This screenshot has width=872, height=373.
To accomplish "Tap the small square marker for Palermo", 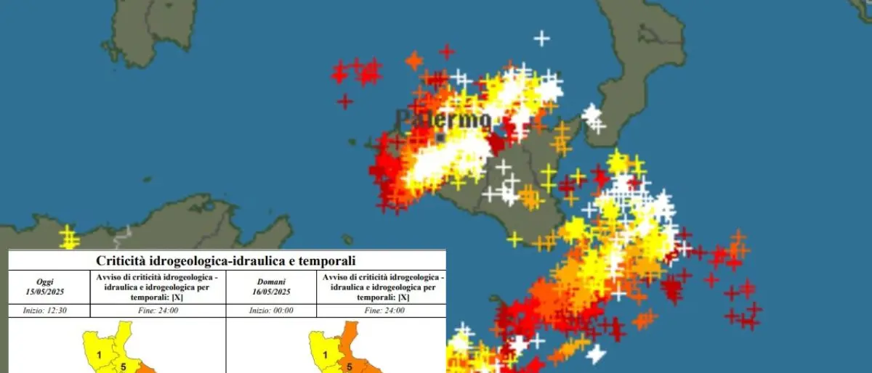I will (441, 136).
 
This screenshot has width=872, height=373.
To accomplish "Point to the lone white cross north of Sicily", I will (541, 38).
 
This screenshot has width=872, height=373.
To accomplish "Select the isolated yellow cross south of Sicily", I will (514, 238).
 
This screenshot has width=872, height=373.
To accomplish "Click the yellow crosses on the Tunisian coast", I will (68, 237).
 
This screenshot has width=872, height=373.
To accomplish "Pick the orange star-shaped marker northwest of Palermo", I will (413, 60).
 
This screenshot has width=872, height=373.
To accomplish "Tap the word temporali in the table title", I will (325, 261).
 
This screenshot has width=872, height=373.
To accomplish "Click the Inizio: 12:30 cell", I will (49, 310).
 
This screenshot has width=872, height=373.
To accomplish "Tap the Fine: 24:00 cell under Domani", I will (381, 310).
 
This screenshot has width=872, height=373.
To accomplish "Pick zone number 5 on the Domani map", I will (349, 366).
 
